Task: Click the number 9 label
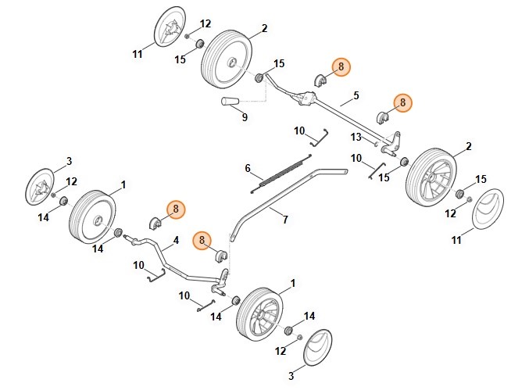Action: click(245, 117)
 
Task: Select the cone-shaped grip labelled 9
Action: click(232, 102)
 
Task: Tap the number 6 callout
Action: click(248, 168)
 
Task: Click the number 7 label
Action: click(284, 220)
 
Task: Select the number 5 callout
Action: click(356, 95)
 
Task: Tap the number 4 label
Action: click(175, 239)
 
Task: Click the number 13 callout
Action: click(356, 136)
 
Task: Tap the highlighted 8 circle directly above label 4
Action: click(175, 209)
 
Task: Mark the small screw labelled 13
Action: click(376, 143)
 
